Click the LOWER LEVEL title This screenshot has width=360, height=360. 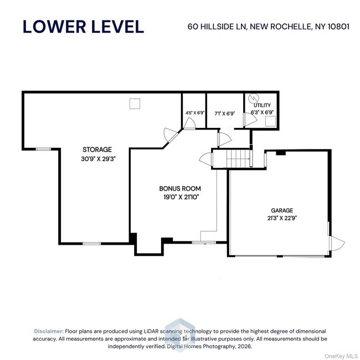(x=83, y=26)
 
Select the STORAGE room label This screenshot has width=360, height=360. (x=97, y=150)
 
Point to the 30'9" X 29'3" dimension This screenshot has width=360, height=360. (x=97, y=158)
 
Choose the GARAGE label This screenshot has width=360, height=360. (x=282, y=210)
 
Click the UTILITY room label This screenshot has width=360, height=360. (x=262, y=105)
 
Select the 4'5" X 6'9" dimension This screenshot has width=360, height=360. (x=194, y=112)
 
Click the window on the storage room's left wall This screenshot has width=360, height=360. (x=43, y=148)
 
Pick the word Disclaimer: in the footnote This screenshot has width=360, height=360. (x=49, y=331)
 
